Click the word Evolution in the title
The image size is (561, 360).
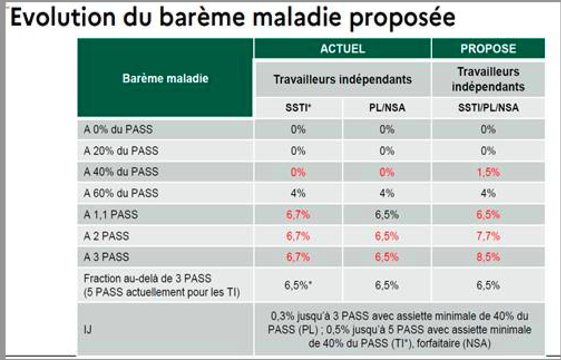click(x=63, y=17)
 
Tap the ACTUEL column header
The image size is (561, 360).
click(x=343, y=48)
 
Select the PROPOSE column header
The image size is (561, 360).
click(x=488, y=48)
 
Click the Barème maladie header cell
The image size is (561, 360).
click(x=165, y=79)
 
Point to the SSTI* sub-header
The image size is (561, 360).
click(x=298, y=108)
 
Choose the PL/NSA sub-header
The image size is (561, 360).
click(x=387, y=108)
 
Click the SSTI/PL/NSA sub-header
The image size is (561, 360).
click(x=489, y=108)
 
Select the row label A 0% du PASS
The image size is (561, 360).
click(x=118, y=129)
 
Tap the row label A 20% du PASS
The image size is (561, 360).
click(x=121, y=150)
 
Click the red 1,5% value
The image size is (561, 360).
click(x=489, y=172)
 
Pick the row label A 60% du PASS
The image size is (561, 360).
click(x=121, y=193)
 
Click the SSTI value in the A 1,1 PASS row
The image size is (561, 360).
click(x=297, y=215)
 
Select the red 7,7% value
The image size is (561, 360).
click(x=489, y=236)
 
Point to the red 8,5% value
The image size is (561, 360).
click(x=489, y=257)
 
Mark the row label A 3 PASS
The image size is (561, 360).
click(x=106, y=257)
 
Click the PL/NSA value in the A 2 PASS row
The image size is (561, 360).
click(x=387, y=236)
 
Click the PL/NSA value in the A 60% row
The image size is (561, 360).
click(x=387, y=193)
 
